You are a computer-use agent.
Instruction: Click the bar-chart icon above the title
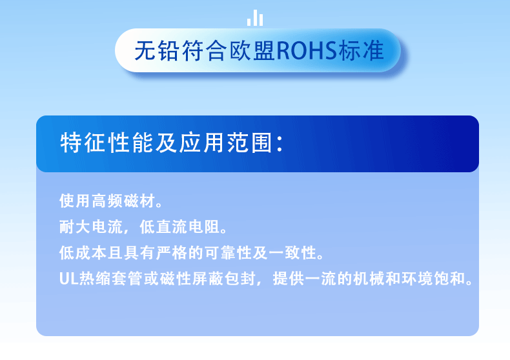pyautogui.click(x=254, y=18)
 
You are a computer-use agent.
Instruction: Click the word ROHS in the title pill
pyautogui.click(x=307, y=51)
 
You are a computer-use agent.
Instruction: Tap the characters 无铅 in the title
pyautogui.click(x=157, y=51)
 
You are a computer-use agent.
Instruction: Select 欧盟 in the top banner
pyautogui.click(x=252, y=51)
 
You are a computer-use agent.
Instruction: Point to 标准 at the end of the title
pyautogui.click(x=361, y=51)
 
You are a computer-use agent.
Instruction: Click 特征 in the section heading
pyautogui.click(x=83, y=143)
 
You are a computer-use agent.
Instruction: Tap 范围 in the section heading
pyautogui.click(x=250, y=143)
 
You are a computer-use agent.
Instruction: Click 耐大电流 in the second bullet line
pyautogui.click(x=91, y=227)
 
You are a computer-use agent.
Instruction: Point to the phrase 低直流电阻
pyautogui.click(x=180, y=227)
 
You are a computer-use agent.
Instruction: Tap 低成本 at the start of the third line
pyautogui.click(x=83, y=253)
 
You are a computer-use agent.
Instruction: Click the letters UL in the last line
pyautogui.click(x=68, y=279)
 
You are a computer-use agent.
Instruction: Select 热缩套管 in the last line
pyautogui.click(x=112, y=279)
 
